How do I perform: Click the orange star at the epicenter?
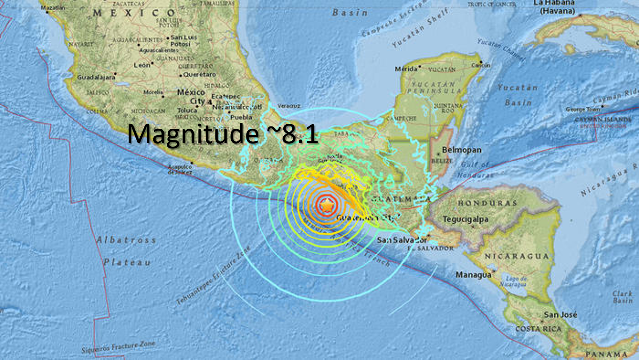pos(327,205)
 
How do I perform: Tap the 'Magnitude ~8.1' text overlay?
pos(223,134)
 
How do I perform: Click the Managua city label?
pos(474,274)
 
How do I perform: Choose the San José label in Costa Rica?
pos(560,315)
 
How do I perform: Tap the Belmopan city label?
pos(461,150)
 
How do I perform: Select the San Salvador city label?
pos(402,240)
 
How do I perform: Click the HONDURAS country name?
pos(486,203)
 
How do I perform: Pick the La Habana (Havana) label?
pos(553,7)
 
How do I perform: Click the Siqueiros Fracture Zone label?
pos(118,347)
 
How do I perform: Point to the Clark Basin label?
pos(622,297)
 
